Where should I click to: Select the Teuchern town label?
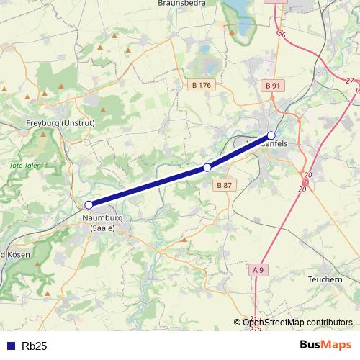[x=325, y=279]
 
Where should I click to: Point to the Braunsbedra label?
[x=181, y=4]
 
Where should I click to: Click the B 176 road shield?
[x=202, y=85]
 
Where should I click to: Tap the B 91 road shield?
[x=272, y=85]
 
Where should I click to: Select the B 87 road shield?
[x=224, y=185]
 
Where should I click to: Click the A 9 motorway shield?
[x=259, y=269]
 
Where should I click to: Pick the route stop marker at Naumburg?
[x=89, y=205]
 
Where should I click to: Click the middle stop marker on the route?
[x=207, y=167]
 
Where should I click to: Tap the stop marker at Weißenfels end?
[x=271, y=135]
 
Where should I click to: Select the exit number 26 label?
[x=282, y=35]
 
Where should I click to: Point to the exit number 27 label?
[x=350, y=81]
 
